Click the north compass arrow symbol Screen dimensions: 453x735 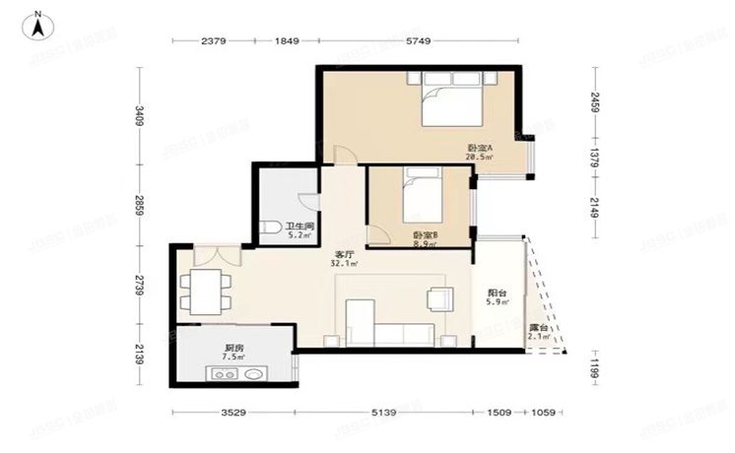click(x=36, y=24)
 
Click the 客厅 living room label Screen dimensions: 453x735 click(x=344, y=258)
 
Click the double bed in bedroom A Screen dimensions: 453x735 click(x=452, y=103)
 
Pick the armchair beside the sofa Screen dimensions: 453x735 click(x=439, y=299)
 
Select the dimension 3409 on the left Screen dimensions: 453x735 click(x=141, y=116)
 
